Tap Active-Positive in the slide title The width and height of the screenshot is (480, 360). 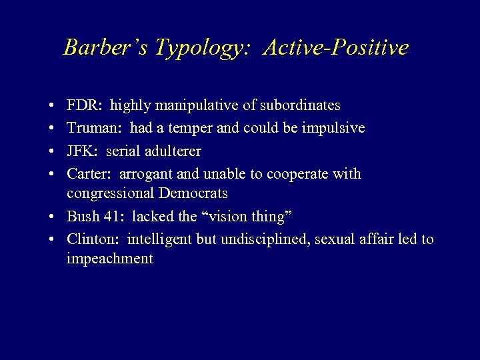(336, 47)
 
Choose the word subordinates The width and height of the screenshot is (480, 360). (299, 105)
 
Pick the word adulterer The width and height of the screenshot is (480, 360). (173, 151)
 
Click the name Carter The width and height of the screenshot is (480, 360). (89, 174)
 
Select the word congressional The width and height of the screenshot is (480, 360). (109, 194)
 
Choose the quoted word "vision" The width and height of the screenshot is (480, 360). (246, 216)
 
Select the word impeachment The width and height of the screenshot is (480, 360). (110, 259)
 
